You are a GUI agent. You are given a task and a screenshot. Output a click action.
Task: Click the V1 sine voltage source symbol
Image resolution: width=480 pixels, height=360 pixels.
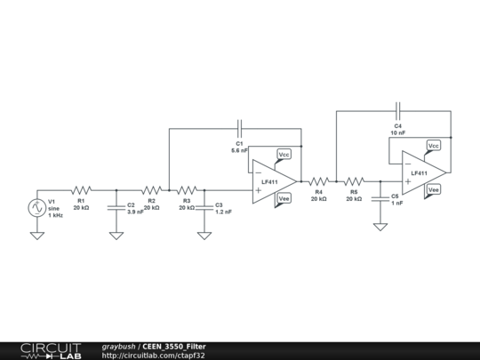37,208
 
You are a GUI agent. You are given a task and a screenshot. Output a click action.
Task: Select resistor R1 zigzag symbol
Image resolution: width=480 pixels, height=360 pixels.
81,189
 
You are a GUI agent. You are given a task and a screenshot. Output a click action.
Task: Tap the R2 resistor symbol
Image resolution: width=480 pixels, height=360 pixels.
151,189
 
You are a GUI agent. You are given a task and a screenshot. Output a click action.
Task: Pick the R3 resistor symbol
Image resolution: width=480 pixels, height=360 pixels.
187,189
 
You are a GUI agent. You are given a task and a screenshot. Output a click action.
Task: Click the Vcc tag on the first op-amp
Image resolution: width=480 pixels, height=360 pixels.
284,154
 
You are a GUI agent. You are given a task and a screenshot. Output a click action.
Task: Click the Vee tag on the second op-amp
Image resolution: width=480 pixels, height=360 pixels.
434,189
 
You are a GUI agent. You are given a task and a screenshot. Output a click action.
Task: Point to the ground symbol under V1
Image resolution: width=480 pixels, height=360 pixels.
37,236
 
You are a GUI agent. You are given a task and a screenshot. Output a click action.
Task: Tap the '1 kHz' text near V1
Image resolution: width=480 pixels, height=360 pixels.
56,215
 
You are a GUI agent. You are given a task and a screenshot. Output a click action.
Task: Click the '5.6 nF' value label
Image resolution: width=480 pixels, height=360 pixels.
240,151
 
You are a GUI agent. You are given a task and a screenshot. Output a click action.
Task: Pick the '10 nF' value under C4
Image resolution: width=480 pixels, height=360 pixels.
397,133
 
